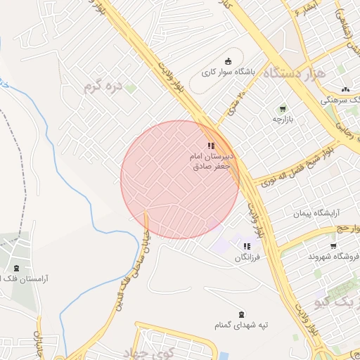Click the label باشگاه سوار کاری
226,72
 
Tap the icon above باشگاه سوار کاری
228,60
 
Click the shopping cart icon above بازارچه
282,109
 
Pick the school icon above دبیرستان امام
211,146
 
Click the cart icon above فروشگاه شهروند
333,245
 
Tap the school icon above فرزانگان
247,247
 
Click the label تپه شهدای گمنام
243,326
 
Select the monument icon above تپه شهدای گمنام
243,314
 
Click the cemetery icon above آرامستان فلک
16,269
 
